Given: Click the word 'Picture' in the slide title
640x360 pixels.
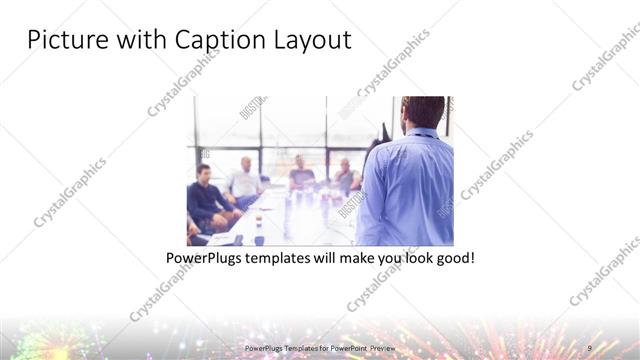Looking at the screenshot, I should pyautogui.click(x=63, y=40).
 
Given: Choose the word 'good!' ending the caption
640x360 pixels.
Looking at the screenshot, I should pyautogui.click(x=454, y=258).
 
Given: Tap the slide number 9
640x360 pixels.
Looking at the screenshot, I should pyautogui.click(x=590, y=348).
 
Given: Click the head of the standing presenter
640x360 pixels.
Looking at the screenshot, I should pyautogui.click(x=423, y=112).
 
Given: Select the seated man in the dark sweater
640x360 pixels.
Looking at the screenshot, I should pyautogui.click(x=207, y=195).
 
